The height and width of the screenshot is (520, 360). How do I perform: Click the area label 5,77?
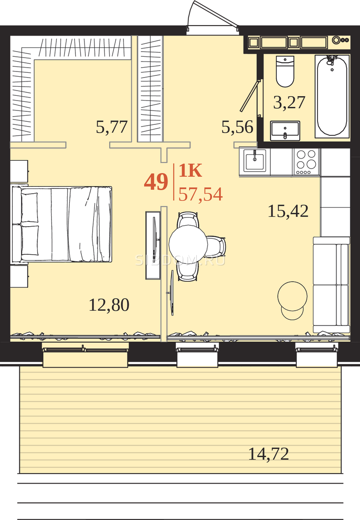[x=112, y=127]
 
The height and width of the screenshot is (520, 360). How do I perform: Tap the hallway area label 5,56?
[x=237, y=127]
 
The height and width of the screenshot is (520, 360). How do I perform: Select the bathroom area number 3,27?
[x=289, y=102]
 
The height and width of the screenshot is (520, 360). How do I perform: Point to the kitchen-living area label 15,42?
[x=288, y=211]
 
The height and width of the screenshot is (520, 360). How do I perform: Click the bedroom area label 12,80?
[x=109, y=305]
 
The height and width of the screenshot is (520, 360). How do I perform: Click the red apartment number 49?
[x=156, y=182]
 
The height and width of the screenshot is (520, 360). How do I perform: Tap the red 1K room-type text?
[x=190, y=170]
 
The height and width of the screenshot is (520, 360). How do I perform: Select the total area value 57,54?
[x=201, y=194]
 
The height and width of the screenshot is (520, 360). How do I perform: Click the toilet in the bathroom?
[x=285, y=71]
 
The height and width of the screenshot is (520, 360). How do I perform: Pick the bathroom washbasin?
[x=285, y=130]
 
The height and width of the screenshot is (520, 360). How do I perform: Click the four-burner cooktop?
[x=306, y=162]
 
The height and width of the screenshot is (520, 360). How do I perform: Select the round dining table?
[x=188, y=244]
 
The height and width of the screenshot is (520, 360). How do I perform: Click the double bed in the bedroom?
[x=62, y=224]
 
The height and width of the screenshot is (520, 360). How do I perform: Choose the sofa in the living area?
[x=331, y=285]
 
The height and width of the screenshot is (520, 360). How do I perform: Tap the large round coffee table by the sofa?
[x=292, y=296]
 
